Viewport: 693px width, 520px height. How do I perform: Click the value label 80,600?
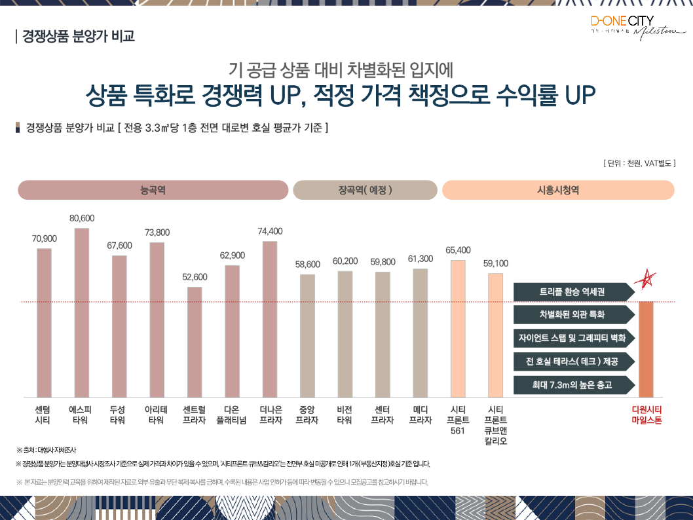(x=82, y=218)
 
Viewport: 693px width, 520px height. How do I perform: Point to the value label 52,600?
(x=195, y=277)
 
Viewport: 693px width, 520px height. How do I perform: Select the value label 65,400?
(x=458, y=250)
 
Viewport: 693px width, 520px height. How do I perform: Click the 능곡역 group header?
(x=153, y=190)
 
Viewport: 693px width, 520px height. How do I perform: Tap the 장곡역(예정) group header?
(x=365, y=190)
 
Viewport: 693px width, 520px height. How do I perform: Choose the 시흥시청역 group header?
(x=558, y=190)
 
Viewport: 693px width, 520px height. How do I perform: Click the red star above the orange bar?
(x=646, y=280)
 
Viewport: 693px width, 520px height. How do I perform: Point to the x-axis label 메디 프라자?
(x=420, y=415)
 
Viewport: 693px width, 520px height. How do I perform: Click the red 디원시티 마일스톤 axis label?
(x=646, y=415)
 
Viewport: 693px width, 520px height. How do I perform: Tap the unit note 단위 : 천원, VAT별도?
(x=639, y=162)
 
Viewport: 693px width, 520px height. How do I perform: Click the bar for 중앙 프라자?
(x=307, y=336)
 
